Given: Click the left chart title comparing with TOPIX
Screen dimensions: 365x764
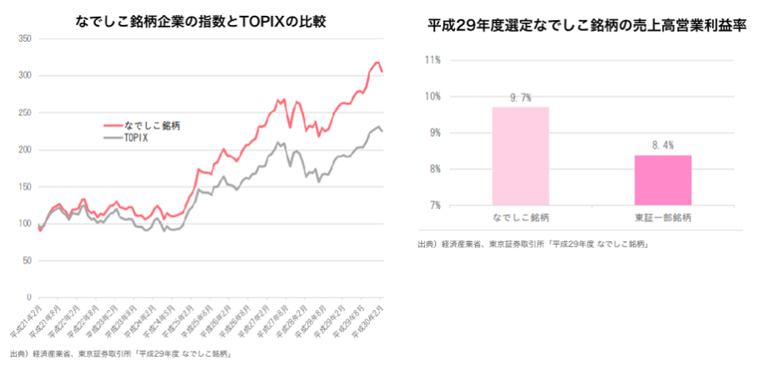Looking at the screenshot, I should pyautogui.click(x=200, y=21).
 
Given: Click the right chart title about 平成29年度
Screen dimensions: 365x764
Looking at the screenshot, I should pyautogui.click(x=585, y=27).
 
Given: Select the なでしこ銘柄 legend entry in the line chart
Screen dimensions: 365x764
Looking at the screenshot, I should pyautogui.click(x=151, y=125).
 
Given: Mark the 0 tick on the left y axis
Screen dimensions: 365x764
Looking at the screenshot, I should pyautogui.click(x=28, y=297).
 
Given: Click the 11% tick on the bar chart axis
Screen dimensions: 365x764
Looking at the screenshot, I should pyautogui.click(x=433, y=60).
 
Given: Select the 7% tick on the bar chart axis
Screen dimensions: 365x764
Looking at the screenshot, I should pyautogui.click(x=434, y=205).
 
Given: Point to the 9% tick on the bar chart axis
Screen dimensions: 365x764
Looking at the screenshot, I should pyautogui.click(x=434, y=133).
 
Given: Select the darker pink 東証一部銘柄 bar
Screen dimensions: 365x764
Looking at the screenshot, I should pyautogui.click(x=662, y=180).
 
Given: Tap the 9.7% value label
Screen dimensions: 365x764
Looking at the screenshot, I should pyautogui.click(x=520, y=98).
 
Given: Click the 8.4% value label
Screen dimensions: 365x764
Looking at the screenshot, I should pyautogui.click(x=662, y=145).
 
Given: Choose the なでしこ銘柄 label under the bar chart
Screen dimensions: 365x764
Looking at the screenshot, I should pyautogui.click(x=520, y=218).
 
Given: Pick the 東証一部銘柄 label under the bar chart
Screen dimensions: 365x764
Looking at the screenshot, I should pyautogui.click(x=662, y=218).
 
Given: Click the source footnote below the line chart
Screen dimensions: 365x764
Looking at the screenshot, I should pyautogui.click(x=121, y=353).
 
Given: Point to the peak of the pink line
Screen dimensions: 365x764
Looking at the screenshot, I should pyautogui.click(x=377, y=63).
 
